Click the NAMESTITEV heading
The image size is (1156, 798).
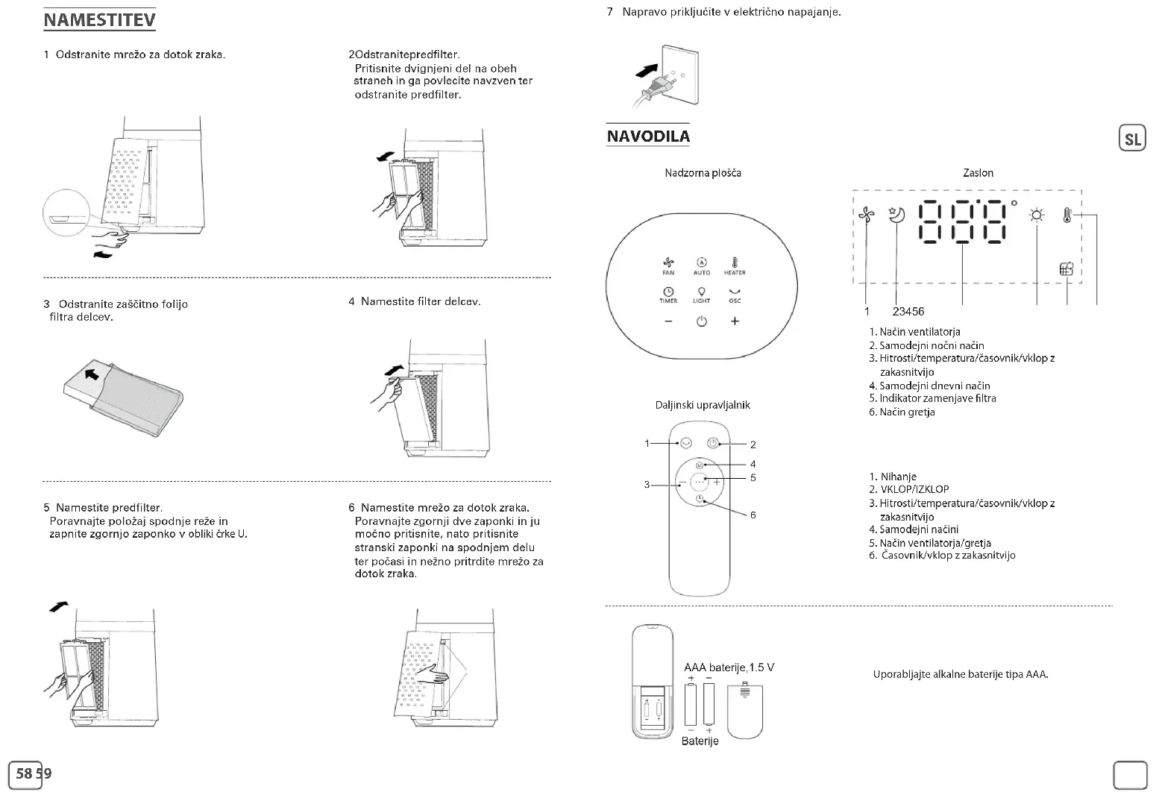pos(99,20)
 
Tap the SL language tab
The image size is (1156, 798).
pos(1132,139)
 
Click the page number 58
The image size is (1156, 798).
pos(24,773)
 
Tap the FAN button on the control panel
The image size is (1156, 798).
pos(668,266)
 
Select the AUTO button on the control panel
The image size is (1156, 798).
pos(701,266)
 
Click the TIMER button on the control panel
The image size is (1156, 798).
pos(668,295)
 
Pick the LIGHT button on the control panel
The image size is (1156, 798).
pos(701,295)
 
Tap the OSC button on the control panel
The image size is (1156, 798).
pos(735,295)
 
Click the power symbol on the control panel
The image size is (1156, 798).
pos(701,321)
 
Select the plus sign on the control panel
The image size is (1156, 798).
pos(735,321)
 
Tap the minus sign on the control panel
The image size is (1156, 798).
pos(668,321)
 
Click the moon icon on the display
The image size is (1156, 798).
pos(896,215)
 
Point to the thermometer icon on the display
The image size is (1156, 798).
pos(1067,216)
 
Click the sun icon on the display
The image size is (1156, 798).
pos(1037,216)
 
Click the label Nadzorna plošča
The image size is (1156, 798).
pos(703,173)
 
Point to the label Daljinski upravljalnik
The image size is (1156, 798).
pos(703,405)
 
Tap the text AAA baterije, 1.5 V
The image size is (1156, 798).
pos(729,667)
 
